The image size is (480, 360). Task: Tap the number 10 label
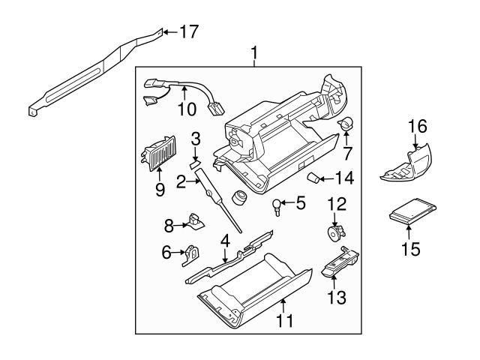(x=186, y=109)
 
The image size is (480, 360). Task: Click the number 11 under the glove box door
(x=284, y=322)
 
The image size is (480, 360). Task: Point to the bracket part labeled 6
(x=192, y=254)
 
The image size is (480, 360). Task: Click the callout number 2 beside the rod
(x=181, y=181)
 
